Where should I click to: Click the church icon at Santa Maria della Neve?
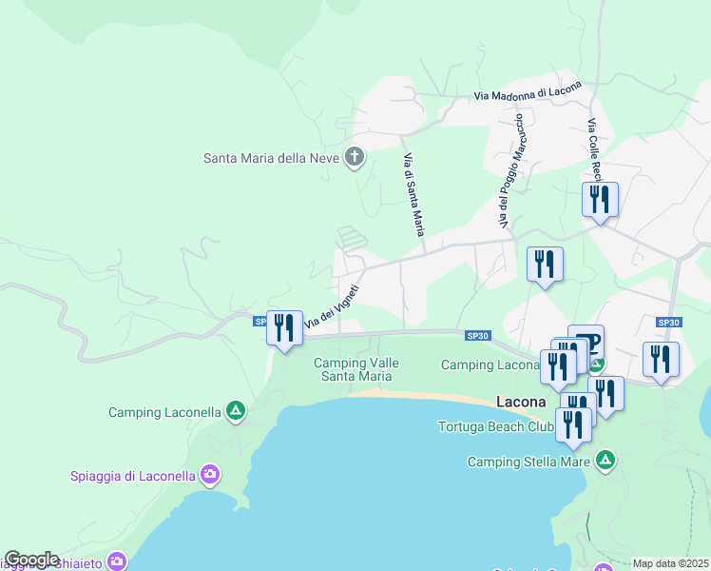pos(355,157)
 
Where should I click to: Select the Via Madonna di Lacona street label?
pos(527,94)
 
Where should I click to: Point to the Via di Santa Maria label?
pos(413,194)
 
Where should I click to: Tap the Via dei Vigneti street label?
pos(332,306)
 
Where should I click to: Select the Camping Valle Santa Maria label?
pos(356,369)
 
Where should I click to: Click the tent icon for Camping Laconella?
pos(236,412)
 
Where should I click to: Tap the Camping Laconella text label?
pos(164,412)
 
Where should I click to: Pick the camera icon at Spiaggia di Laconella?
pos(210,474)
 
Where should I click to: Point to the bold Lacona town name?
pos(521,402)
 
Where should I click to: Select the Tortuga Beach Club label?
pos(494,425)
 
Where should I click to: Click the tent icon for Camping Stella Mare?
pos(605,462)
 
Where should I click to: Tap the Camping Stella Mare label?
pos(530,463)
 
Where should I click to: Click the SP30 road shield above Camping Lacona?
pos(477,335)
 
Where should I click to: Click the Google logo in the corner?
pos(31,560)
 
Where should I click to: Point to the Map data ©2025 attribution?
pos(670,563)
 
